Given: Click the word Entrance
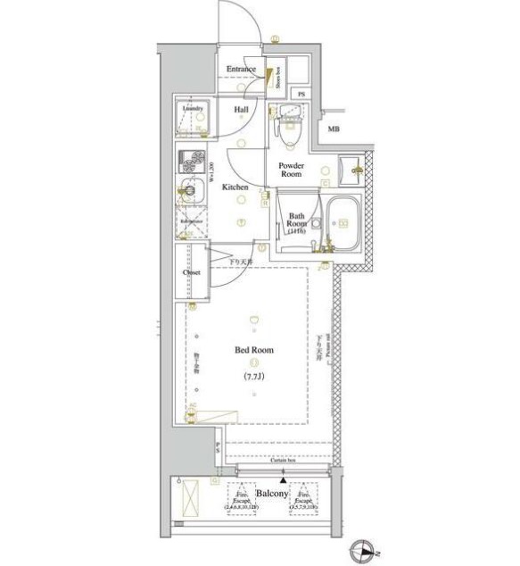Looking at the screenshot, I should pos(241,70).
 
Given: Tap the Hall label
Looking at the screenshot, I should pos(242,110).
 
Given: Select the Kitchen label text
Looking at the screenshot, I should pos(235,187).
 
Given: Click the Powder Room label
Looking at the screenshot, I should pos(291,170).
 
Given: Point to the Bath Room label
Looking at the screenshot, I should pos(297,221).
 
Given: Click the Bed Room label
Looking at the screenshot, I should pos(255,351).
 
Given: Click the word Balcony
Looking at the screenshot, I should pos(271,494).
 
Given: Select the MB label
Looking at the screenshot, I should pos(333,130).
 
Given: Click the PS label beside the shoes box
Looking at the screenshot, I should pos(301,94).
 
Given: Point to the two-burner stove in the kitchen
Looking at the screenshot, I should pos(189,162).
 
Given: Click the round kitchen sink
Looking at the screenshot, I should pos(188,188).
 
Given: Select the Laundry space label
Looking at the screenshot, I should pos(194,110).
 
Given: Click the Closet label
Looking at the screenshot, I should pos(192,272).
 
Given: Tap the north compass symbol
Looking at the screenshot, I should pos(366,550).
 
